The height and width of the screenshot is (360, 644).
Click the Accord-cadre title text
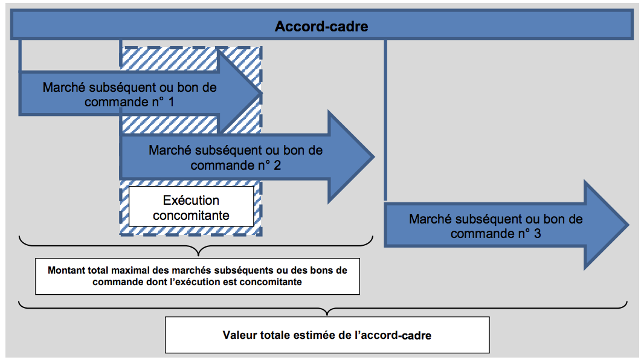[321, 27]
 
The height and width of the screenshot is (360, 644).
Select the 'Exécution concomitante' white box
[191, 207]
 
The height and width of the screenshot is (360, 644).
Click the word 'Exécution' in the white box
[191, 200]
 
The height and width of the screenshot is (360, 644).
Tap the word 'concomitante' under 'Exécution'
[191, 215]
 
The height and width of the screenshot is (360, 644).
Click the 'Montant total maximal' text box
[198, 276]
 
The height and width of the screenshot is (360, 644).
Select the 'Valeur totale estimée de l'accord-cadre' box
[327, 335]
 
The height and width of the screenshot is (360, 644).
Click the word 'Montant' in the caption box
[66, 270]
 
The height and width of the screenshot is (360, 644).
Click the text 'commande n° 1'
[129, 102]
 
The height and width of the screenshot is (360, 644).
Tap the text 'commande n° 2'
[236, 165]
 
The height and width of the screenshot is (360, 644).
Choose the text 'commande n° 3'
[495, 234]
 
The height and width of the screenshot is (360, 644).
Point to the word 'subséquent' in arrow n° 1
[120, 88]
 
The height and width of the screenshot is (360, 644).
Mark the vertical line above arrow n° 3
[385, 121]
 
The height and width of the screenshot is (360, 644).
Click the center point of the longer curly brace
[327, 311]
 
